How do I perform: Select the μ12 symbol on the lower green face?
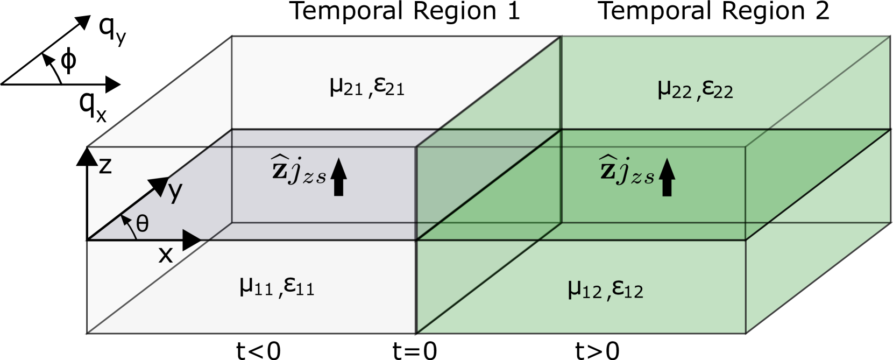pos(584,290)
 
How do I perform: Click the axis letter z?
pos(105,166)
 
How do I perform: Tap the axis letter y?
pos(175,191)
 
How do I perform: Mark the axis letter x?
pos(166,255)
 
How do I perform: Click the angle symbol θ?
pos(142,223)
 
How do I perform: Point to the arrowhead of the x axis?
pos(192,240)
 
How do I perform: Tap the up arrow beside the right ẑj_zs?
pos(667,177)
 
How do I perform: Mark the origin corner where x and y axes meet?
pos(89,239)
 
